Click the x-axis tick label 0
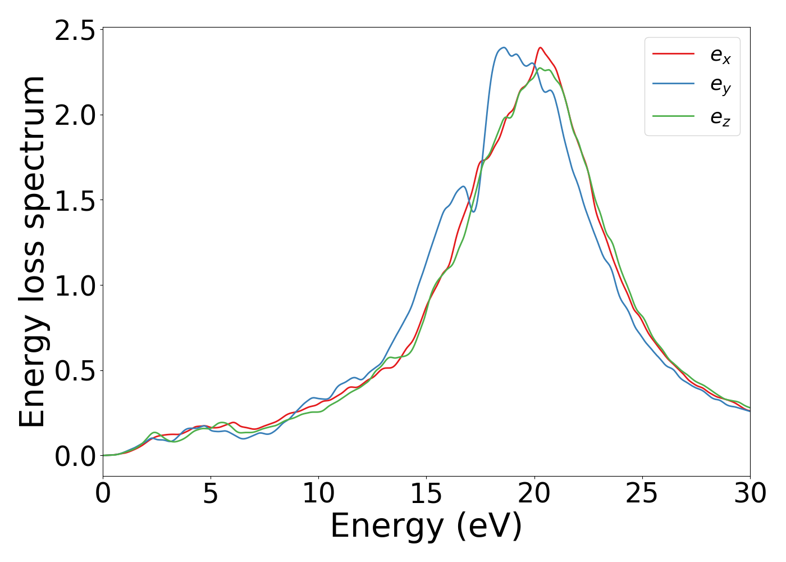103,493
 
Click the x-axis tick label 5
211,493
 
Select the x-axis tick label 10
318,493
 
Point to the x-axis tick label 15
426,493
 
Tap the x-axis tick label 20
534,493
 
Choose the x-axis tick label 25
642,493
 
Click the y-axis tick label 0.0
75,456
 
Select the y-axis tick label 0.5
75,371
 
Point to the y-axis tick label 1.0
75,285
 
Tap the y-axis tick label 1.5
75,200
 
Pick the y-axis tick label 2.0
75,115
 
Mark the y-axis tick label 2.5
75,30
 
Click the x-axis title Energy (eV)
426,527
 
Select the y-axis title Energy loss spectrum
33,252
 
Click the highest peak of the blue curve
504,47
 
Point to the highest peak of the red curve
540,47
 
